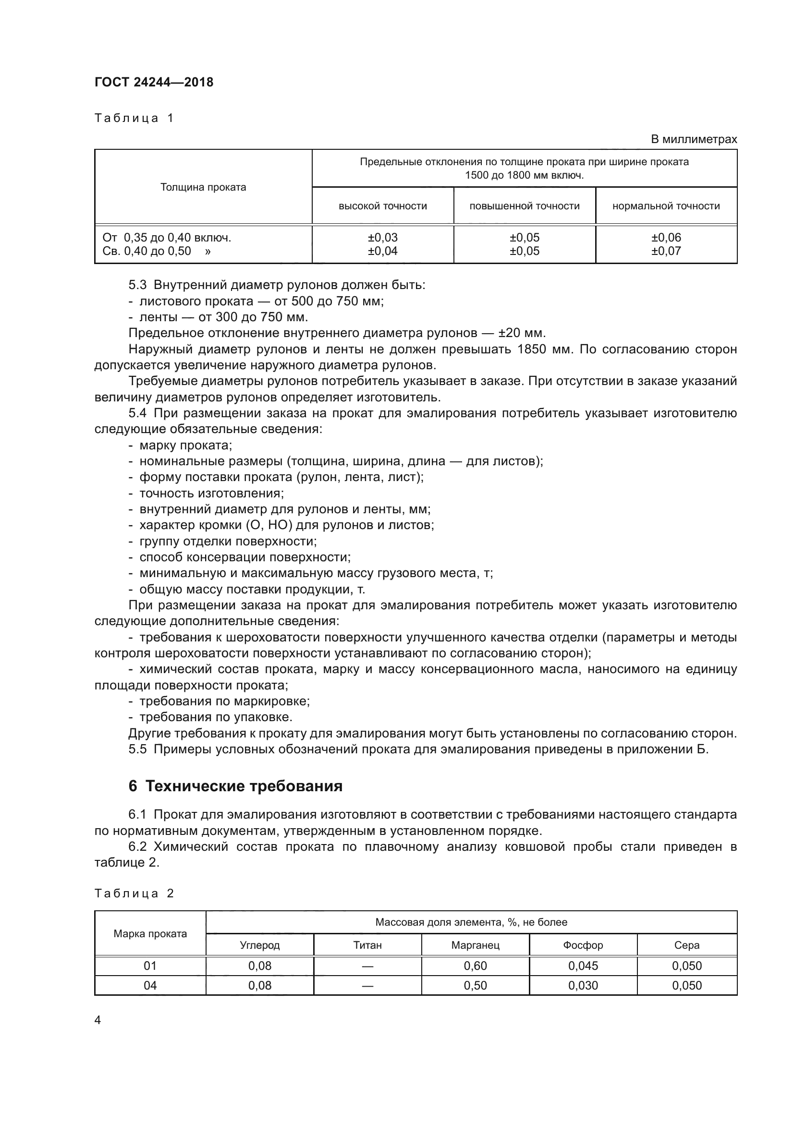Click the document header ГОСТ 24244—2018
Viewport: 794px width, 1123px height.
[154, 82]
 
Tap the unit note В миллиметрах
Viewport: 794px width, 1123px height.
[693, 139]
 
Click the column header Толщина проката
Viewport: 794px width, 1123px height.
[203, 187]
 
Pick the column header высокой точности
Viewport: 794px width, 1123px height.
[382, 206]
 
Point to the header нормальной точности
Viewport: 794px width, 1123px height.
[666, 206]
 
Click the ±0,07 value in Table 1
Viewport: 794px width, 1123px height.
[666, 252]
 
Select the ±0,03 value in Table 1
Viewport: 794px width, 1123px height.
[382, 238]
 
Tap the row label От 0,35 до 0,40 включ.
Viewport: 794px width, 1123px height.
[167, 238]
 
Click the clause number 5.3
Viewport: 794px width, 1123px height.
[137, 285]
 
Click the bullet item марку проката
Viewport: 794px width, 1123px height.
[185, 446]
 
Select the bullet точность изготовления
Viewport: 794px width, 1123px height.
[211, 494]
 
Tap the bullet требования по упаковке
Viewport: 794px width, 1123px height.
[216, 717]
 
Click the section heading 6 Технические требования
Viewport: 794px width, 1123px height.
[235, 786]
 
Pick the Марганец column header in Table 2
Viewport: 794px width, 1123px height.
[475, 945]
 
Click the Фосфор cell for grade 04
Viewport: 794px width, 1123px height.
[583, 986]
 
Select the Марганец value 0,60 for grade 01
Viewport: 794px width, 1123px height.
[475, 966]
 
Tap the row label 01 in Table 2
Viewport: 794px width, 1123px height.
[150, 966]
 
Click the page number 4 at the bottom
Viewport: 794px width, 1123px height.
[98, 1020]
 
